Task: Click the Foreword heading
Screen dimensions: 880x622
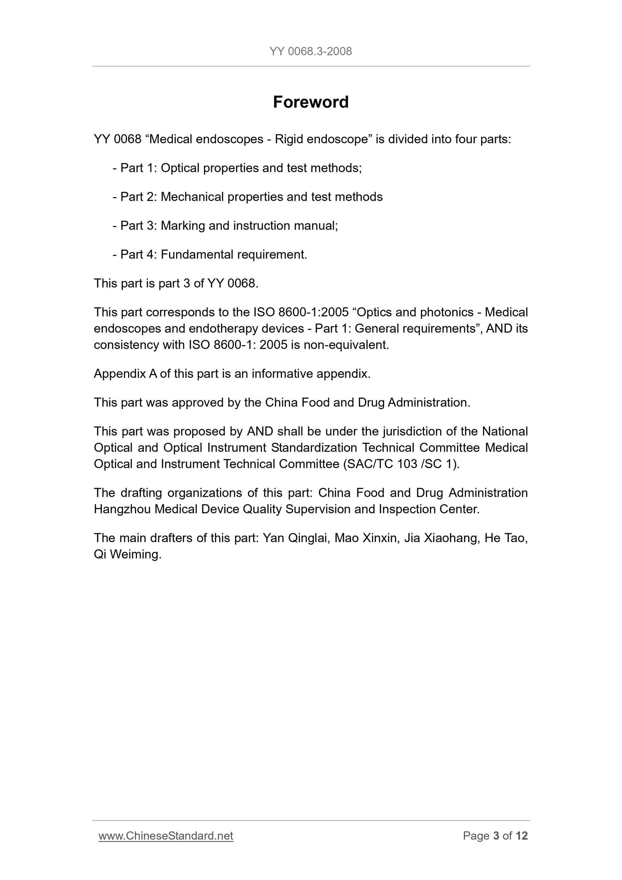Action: (310, 102)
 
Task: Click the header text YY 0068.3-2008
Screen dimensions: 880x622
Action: (310, 51)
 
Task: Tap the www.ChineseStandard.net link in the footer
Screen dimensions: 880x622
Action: (166, 836)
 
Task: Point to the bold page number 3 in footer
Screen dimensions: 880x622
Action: (496, 836)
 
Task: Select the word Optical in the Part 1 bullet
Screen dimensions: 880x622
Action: (180, 168)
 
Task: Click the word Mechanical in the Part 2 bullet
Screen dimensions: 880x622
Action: (192, 197)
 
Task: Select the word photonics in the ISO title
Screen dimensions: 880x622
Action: (447, 312)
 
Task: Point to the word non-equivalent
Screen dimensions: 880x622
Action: (346, 345)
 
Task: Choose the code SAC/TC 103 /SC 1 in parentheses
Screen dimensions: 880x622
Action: (401, 464)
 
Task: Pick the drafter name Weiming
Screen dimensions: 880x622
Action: (135, 555)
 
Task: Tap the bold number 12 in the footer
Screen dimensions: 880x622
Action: (522, 836)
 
